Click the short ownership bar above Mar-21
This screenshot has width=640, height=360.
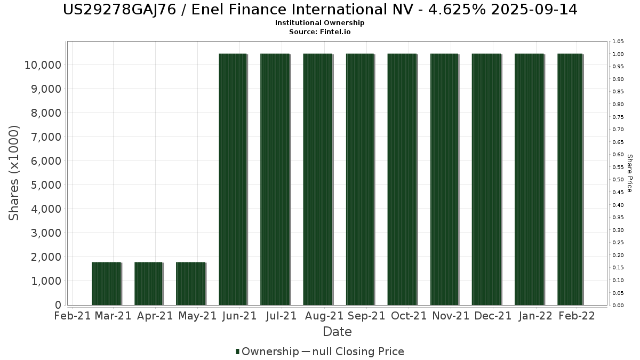pyautogui.click(x=106, y=284)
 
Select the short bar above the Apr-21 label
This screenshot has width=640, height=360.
pyautogui.click(x=148, y=284)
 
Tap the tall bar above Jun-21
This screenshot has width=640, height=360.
pyautogui.click(x=233, y=179)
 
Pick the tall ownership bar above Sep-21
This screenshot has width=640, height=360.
pyautogui.click(x=360, y=179)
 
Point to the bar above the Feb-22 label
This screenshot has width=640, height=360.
pyautogui.click(x=570, y=179)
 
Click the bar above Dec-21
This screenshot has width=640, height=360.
pyautogui.click(x=486, y=179)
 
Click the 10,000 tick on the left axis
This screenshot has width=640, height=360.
pyautogui.click(x=42, y=65)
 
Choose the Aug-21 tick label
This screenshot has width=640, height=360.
pyautogui.click(x=324, y=316)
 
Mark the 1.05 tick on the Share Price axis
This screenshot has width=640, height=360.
pyautogui.click(x=618, y=42)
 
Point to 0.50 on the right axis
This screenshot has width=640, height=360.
pyautogui.click(x=618, y=180)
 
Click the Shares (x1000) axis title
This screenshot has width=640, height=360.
pyautogui.click(x=14, y=173)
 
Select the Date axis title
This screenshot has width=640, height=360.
pyautogui.click(x=337, y=332)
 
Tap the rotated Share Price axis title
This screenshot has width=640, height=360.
pyautogui.click(x=629, y=173)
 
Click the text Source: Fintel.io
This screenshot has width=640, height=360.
pyautogui.click(x=320, y=31)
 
